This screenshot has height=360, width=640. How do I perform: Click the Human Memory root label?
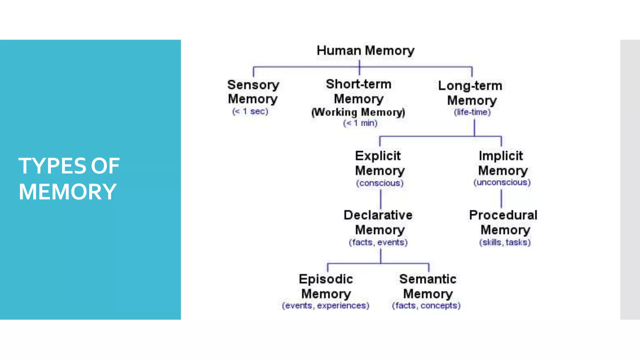click(x=365, y=51)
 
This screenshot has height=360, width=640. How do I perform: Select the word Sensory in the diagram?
click(x=253, y=85)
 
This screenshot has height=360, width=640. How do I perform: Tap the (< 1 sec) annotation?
click(x=250, y=112)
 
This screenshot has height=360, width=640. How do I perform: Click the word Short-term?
click(x=358, y=84)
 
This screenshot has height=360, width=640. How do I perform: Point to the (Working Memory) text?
click(x=358, y=112)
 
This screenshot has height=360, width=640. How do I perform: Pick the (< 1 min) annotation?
click(x=360, y=123)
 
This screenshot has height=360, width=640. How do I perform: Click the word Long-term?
click(x=470, y=86)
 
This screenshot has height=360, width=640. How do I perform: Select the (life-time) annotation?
click(x=472, y=112)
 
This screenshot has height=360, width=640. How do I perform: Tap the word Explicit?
click(x=378, y=156)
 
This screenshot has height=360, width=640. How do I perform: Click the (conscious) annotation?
click(x=380, y=183)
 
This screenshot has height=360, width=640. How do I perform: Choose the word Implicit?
click(x=501, y=156)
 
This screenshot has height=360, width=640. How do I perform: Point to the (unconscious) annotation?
click(x=502, y=182)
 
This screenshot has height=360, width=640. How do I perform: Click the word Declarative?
click(x=378, y=215)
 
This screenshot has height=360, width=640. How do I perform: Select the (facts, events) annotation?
click(x=378, y=242)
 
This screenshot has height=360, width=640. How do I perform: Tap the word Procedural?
click(x=503, y=215)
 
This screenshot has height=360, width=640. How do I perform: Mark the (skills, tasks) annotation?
click(x=505, y=242)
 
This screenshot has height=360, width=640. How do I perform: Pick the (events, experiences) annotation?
click(x=325, y=306)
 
